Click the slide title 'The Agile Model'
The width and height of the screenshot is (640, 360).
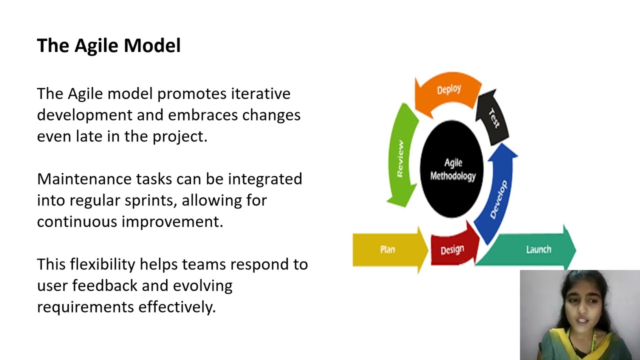point(108,45)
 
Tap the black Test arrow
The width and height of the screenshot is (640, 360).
point(492,117)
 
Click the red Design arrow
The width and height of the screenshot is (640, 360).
point(452,248)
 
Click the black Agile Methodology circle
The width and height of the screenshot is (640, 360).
point(452,169)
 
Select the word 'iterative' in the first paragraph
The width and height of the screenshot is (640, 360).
point(260,93)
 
